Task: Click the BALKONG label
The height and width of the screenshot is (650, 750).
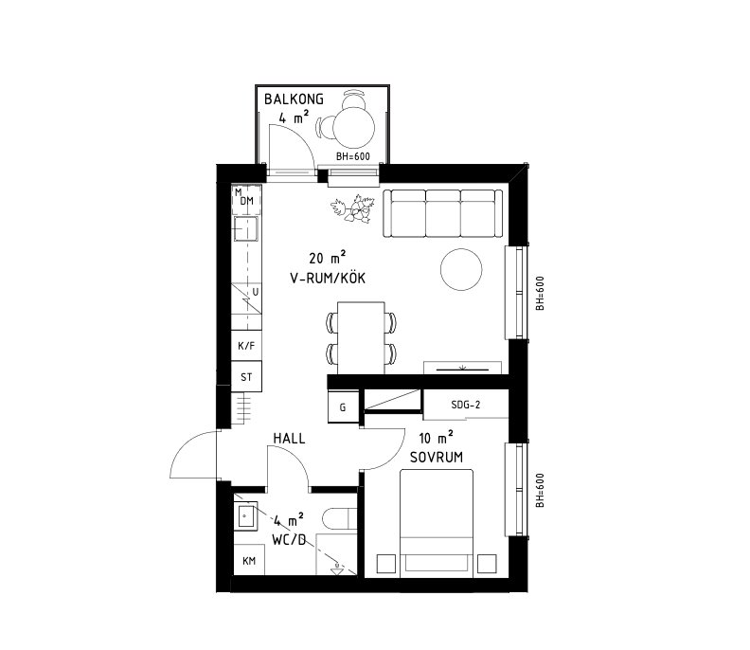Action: tap(294, 99)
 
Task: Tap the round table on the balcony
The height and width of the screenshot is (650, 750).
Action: tap(354, 127)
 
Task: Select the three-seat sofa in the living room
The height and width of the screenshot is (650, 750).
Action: tap(443, 213)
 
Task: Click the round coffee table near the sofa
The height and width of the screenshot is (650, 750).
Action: tap(461, 269)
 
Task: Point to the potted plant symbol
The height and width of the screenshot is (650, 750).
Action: tap(352, 208)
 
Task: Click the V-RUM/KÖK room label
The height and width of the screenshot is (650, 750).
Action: tap(328, 278)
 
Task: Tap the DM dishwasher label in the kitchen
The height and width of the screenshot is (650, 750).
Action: tap(247, 201)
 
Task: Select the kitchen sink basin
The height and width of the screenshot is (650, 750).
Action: tap(245, 228)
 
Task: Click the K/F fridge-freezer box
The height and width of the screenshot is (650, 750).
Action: tap(246, 346)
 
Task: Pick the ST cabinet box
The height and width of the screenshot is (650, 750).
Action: tap(246, 377)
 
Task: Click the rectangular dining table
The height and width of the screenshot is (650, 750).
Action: tap(361, 338)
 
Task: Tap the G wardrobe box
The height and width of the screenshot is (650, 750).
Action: tap(343, 407)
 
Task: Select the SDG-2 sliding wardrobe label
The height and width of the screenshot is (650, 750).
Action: tap(465, 405)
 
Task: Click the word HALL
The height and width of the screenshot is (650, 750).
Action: tap(289, 438)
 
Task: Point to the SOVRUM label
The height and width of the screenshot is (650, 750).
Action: tap(437, 457)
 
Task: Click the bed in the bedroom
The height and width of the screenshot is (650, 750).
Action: tap(437, 523)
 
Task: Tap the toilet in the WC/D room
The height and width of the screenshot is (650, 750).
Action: tap(340, 519)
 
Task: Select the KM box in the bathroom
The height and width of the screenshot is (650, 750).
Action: tap(249, 560)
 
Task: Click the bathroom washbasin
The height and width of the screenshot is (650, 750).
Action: tap(246, 515)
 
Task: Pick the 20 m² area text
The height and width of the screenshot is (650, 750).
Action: tap(327, 258)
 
